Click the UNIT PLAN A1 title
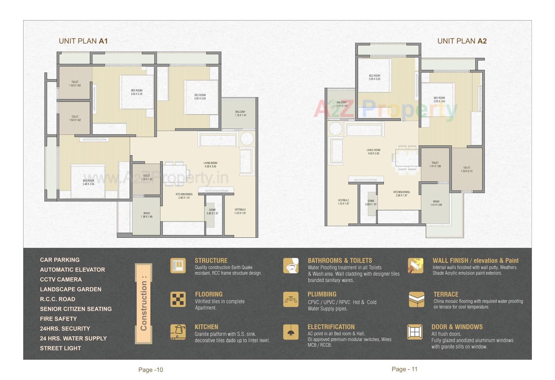(83, 41)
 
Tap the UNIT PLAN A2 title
(462, 41)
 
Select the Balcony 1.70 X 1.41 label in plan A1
(240, 113)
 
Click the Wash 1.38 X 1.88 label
(147, 215)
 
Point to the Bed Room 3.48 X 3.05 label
(88, 182)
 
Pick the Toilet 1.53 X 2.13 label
(467, 169)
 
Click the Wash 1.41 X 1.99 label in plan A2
(436, 203)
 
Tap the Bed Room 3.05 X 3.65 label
(439, 99)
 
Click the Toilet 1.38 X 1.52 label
(147, 177)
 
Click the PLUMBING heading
(322, 294)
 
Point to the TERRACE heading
(446, 294)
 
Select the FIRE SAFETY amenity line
(58, 319)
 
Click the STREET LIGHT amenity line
(60, 348)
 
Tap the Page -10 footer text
(151, 370)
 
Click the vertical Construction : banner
(143, 303)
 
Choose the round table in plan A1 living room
(247, 139)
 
